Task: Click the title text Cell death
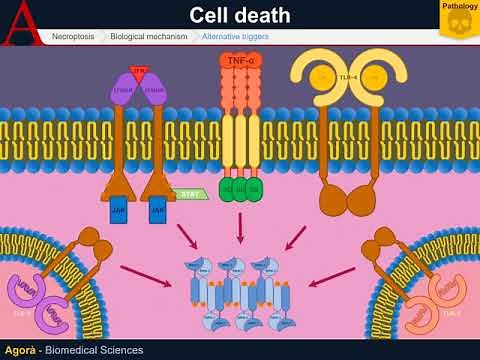click(239, 15)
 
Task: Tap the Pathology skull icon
click(458, 21)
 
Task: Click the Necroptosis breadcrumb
click(74, 36)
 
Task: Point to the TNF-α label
click(239, 61)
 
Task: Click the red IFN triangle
click(138, 72)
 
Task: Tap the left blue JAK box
click(118, 211)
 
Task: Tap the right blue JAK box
click(157, 211)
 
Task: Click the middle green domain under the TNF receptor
click(239, 189)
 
